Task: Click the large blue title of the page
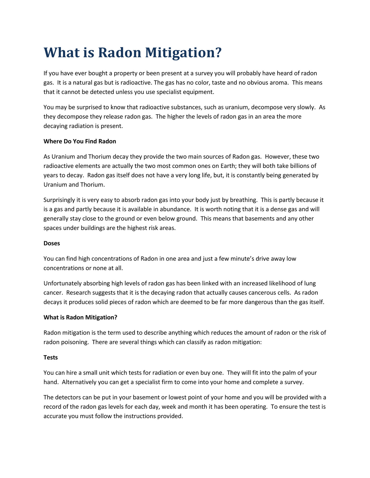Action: (x=133, y=53)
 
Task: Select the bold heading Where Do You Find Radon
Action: (x=80, y=141)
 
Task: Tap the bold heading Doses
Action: (x=52, y=243)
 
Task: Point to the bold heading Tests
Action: (x=51, y=357)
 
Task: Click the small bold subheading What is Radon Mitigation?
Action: (x=80, y=317)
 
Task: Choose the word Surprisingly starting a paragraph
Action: (x=59, y=200)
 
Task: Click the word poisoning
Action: (x=76, y=342)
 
